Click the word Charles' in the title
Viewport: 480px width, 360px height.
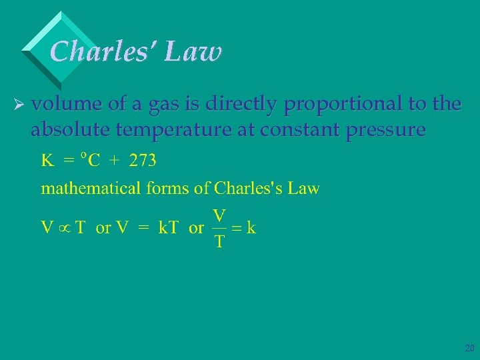[100, 51]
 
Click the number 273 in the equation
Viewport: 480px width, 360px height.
[143, 161]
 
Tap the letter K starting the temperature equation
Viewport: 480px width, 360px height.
[47, 161]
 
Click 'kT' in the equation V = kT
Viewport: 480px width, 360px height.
[168, 228]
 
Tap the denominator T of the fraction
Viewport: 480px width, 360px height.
[219, 241]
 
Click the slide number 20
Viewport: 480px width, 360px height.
[469, 348]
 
